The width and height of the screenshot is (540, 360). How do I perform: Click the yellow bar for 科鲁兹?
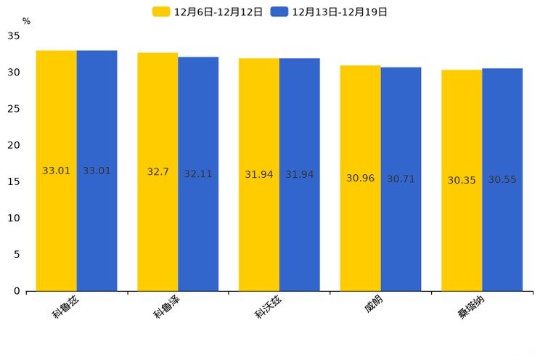[56, 218]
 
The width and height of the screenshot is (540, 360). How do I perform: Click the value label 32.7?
[157, 172]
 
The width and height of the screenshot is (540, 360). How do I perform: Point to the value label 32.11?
[198, 174]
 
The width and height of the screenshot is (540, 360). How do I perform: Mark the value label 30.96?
[360, 178]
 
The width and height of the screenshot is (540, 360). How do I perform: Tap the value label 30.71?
[401, 179]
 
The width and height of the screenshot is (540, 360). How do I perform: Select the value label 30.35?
[462, 180]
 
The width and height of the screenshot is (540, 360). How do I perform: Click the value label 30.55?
[502, 179]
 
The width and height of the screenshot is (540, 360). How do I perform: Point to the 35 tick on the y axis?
[14, 36]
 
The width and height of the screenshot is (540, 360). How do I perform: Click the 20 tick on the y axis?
[14, 145]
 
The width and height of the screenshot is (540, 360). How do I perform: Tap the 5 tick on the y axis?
[17, 254]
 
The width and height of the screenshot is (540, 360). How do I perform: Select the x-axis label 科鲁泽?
[166, 306]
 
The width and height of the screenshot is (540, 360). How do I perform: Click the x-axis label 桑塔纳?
[471, 306]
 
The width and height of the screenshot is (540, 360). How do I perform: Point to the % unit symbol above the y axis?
[26, 21]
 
